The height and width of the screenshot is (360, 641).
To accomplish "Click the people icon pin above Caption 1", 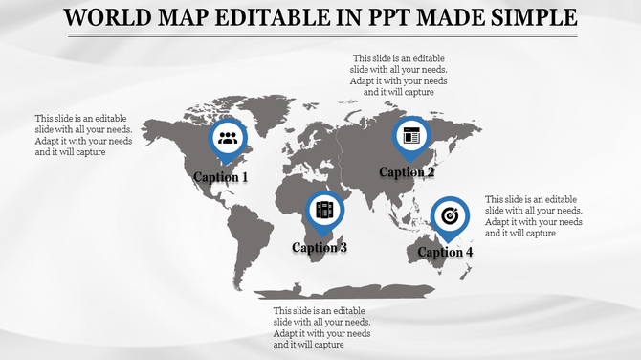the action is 228,138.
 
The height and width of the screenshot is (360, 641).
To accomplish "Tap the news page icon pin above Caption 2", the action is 412,135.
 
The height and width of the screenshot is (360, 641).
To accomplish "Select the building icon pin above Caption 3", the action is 324,210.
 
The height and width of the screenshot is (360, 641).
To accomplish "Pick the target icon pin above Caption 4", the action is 450,215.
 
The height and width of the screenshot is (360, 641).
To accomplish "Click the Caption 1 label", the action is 221,177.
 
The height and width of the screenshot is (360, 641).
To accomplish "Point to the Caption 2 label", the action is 407,172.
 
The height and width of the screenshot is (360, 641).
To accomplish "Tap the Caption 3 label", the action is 320,248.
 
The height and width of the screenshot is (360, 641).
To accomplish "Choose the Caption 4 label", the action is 445,253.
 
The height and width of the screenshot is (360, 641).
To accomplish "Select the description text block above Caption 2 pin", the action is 400,76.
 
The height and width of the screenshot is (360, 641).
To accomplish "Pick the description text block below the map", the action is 321,327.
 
